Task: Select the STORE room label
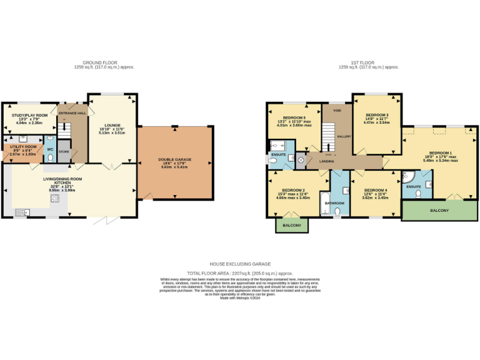(64, 151)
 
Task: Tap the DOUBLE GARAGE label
(175, 160)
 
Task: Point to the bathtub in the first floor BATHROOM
(324, 204)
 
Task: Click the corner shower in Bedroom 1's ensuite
(427, 183)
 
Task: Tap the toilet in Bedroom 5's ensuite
(273, 160)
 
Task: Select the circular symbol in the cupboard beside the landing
(301, 160)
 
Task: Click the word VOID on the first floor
(337, 111)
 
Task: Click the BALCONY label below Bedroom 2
(292, 225)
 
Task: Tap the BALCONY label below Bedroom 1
(439, 211)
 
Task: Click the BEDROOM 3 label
(377, 115)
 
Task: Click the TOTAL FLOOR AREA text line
(240, 273)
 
